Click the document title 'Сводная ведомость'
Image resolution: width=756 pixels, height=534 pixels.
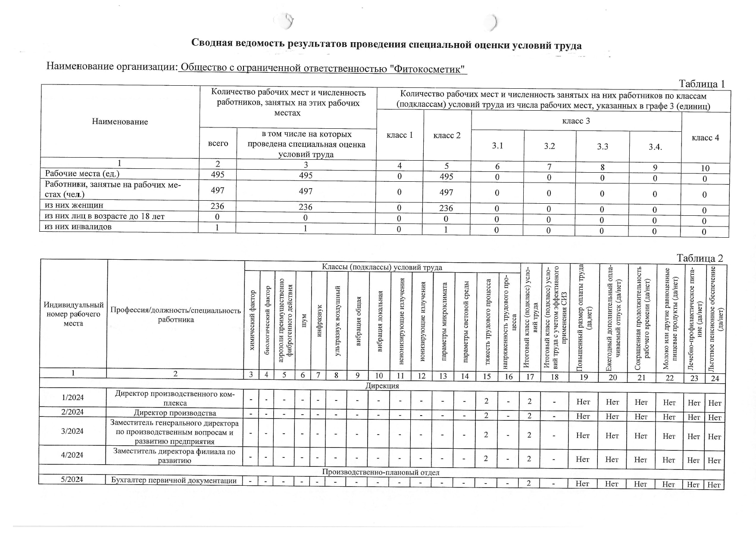[386, 44]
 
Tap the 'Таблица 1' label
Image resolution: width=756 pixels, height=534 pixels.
[702, 84]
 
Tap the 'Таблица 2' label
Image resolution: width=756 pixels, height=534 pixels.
[700, 258]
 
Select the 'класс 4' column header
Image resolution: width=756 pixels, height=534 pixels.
[705, 138]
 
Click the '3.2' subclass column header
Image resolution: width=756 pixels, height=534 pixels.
[549, 146]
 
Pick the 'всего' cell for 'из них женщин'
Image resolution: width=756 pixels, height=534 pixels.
[217, 206]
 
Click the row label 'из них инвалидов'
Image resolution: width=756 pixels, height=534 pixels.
[78, 227]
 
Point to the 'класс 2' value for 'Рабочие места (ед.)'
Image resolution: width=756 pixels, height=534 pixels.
[446, 177]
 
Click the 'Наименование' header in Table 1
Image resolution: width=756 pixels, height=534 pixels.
[120, 121]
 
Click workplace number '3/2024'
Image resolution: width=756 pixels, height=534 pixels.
[72, 431]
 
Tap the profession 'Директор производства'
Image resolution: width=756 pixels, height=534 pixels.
[175, 413]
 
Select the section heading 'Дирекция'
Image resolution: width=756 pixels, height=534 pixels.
[382, 386]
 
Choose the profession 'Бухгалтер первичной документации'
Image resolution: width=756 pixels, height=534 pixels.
[174, 480]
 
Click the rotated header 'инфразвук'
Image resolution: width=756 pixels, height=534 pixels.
[319, 321]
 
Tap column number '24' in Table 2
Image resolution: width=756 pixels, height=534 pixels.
[715, 378]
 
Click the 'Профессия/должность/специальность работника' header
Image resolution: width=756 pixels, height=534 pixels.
[175, 314]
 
